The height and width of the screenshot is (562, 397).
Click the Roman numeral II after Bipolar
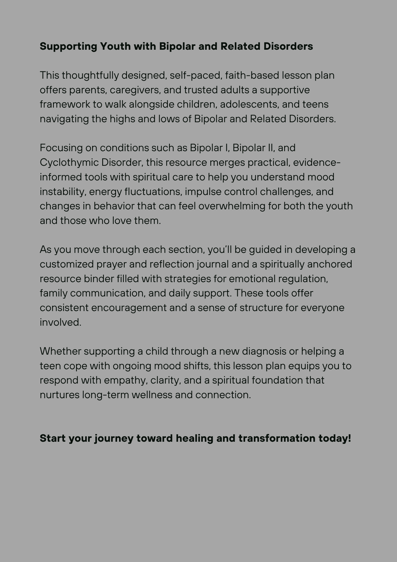click(270, 148)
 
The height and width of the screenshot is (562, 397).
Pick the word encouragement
click(129, 308)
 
